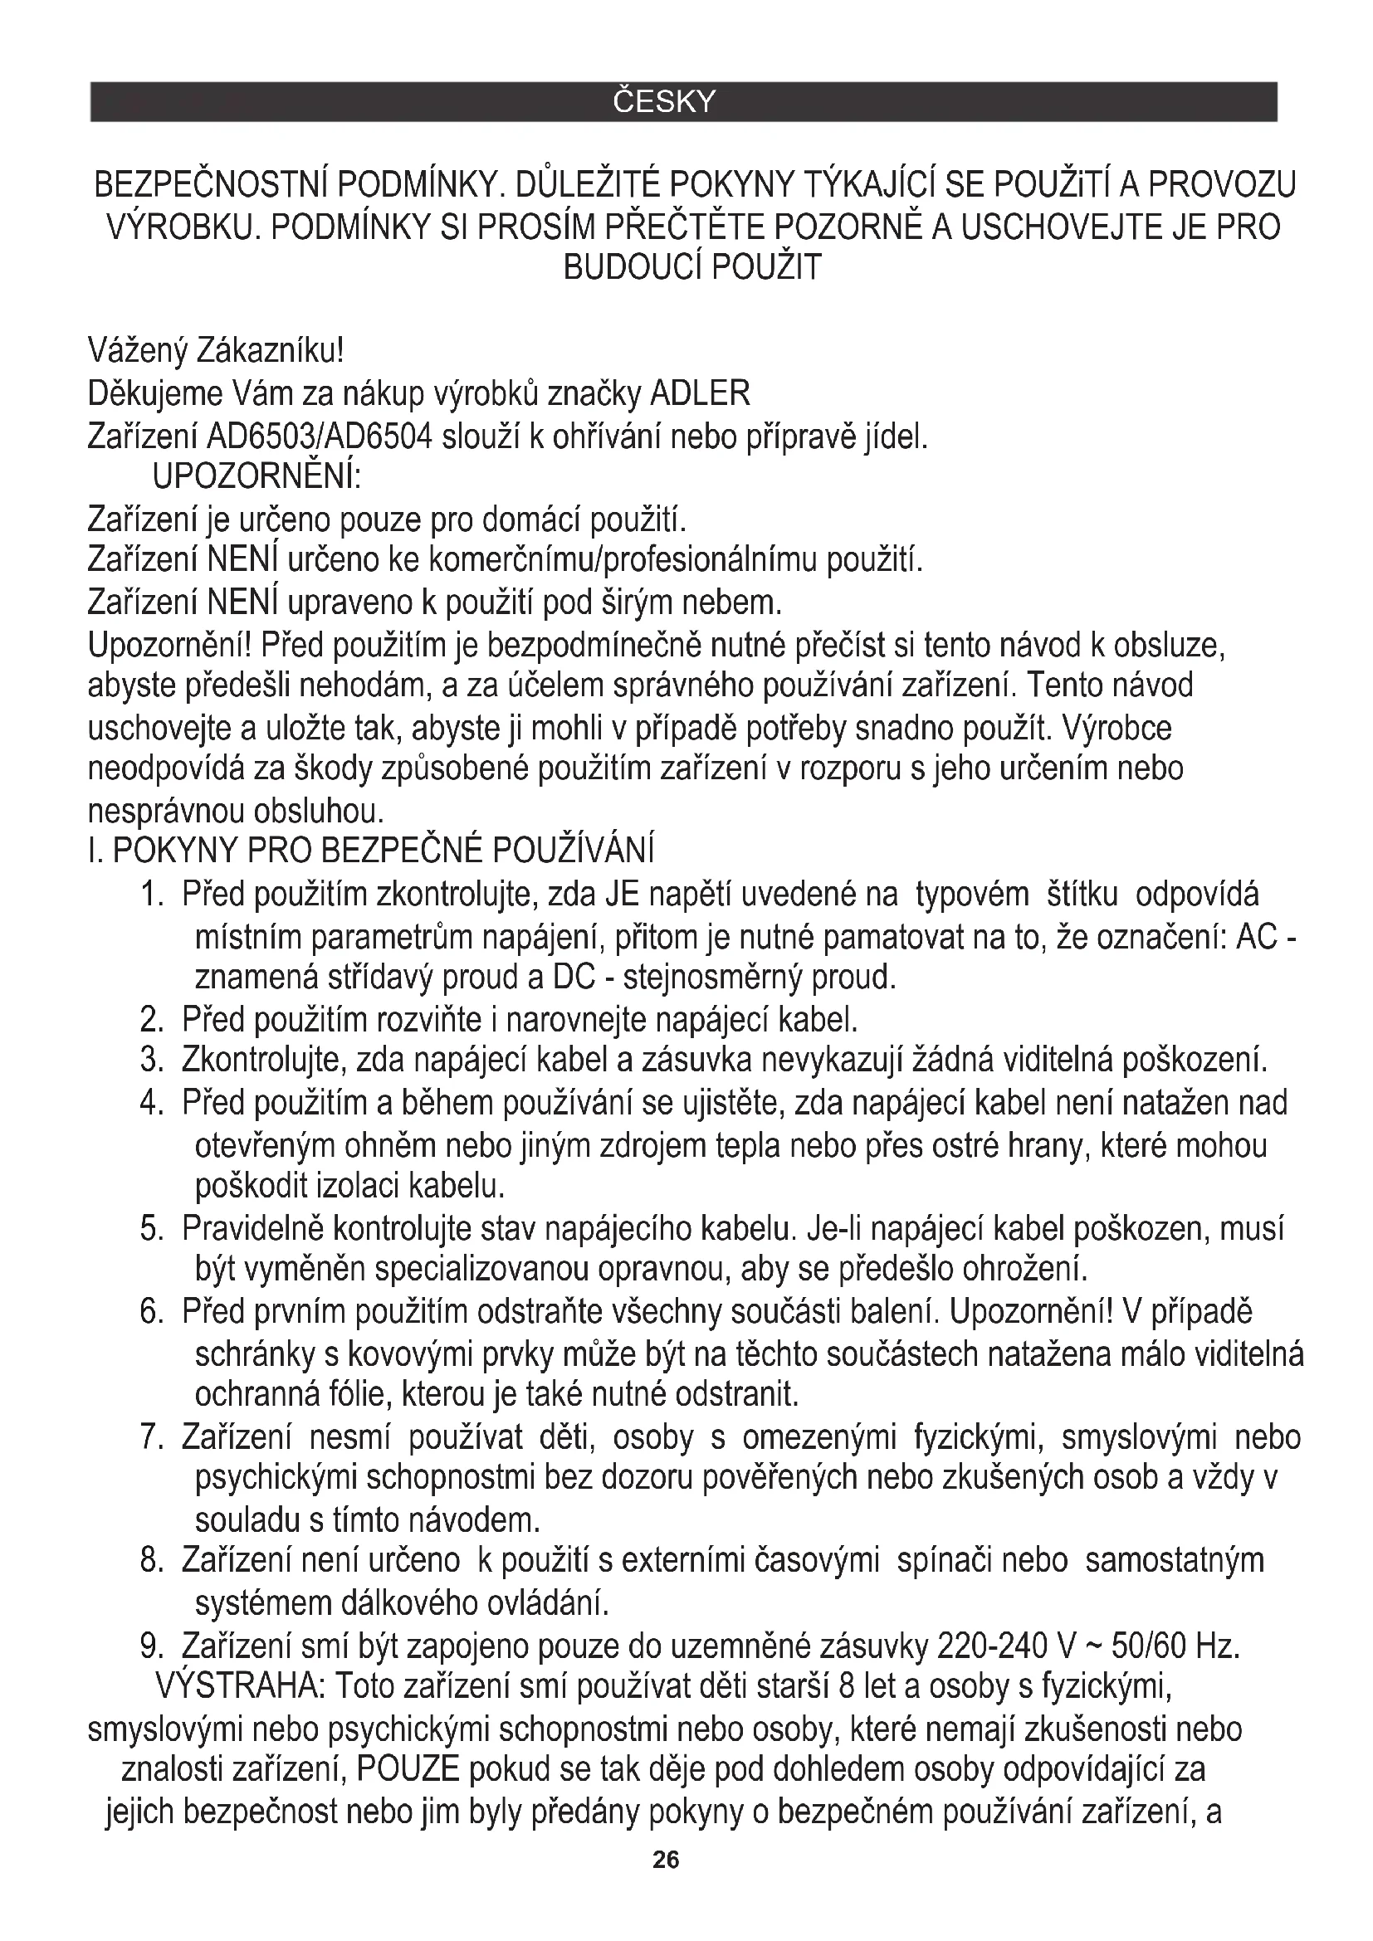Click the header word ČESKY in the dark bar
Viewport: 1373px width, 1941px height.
[664, 102]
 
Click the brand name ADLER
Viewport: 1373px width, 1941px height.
[699, 393]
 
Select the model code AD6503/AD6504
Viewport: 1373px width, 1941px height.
[320, 437]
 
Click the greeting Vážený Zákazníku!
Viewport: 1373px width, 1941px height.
[216, 349]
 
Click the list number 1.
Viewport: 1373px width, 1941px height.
[151, 895]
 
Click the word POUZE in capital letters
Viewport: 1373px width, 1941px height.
[408, 1768]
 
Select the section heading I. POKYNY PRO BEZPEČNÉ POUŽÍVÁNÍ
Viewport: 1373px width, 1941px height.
[371, 851]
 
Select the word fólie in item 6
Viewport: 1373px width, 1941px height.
[351, 1394]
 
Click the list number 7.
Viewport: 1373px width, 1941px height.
[151, 1438]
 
